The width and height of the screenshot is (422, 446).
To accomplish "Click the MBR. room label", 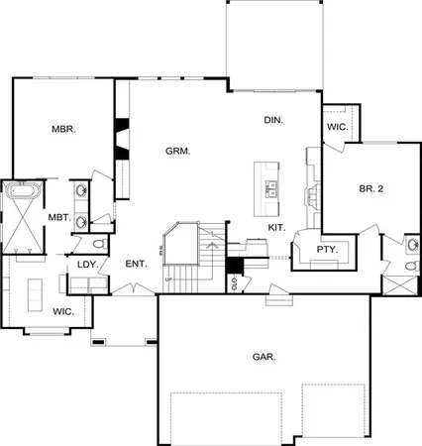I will (64, 130).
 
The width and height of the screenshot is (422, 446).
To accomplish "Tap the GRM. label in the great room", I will (177, 152).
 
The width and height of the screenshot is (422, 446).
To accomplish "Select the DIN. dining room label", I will (273, 120).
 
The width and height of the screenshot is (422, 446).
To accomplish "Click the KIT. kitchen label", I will (277, 228).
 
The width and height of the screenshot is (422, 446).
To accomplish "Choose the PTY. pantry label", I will (327, 250).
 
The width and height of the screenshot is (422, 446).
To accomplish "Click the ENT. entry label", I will (136, 264).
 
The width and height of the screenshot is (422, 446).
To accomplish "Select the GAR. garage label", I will (264, 355).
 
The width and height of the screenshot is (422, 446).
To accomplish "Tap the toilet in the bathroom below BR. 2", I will (412, 245).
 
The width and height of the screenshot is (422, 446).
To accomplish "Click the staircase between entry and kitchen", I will (183, 263).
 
